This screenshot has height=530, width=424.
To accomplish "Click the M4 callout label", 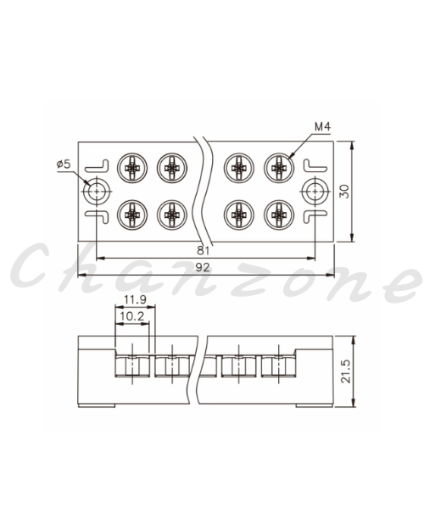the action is [322, 126].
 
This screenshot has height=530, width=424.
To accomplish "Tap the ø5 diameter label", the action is [64, 165].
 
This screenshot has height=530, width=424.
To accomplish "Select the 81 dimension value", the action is [203, 250].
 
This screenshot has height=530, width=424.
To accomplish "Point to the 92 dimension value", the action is [203, 267].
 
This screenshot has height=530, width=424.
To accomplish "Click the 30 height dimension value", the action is [344, 192].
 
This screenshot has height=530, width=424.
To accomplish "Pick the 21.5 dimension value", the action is [346, 371].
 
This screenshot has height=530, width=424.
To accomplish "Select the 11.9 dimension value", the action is [135, 299].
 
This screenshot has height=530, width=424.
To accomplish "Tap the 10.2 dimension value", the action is [132, 316].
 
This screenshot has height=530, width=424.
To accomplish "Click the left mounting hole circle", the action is [97, 192].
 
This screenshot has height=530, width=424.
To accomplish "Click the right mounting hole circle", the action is [315, 192].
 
